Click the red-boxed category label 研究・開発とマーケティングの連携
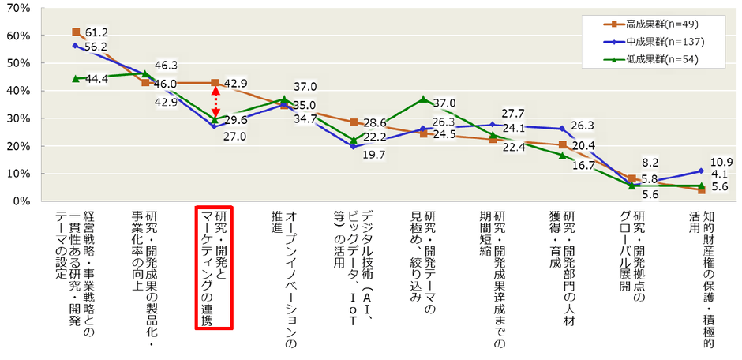click(x=214, y=268)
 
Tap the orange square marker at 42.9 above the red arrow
click(x=215, y=83)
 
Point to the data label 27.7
click(x=513, y=114)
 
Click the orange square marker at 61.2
click(x=76, y=32)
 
